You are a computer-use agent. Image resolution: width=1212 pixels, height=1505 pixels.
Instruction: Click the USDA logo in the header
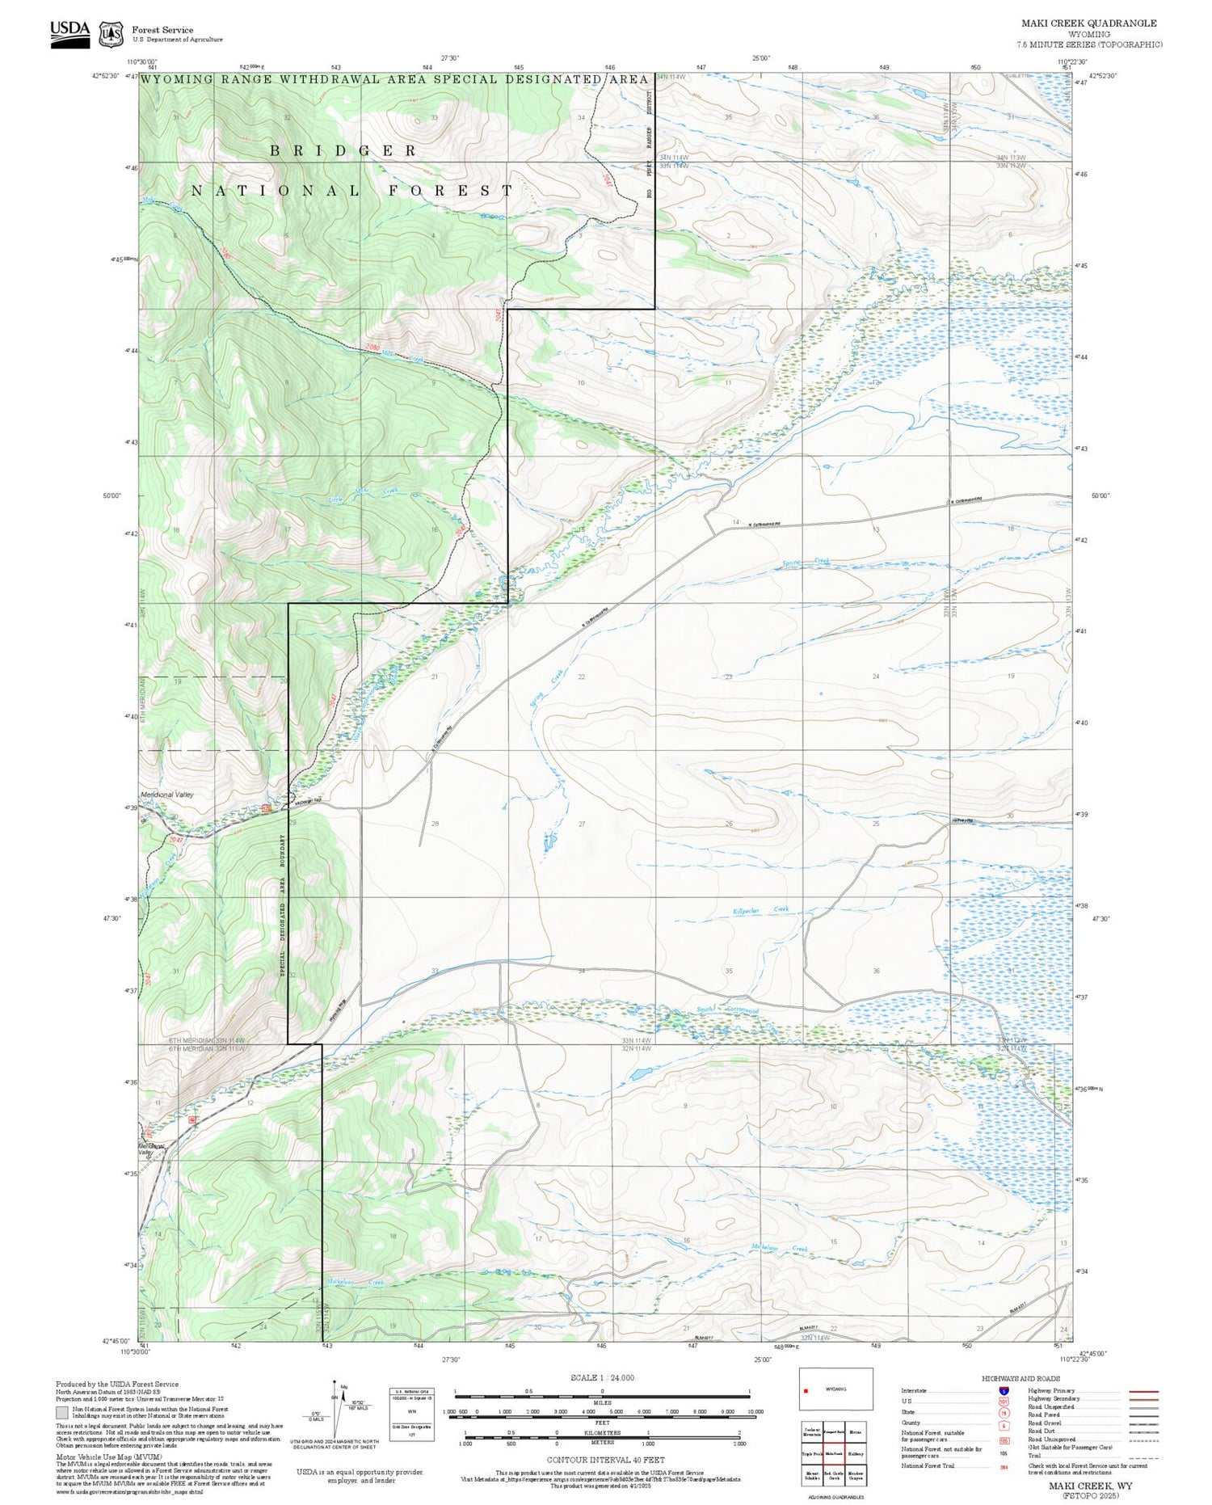(69, 33)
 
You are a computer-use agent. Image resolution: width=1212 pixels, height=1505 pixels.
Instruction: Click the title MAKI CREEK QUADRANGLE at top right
(1088, 23)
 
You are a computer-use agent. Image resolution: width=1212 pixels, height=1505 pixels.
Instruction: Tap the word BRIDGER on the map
(343, 151)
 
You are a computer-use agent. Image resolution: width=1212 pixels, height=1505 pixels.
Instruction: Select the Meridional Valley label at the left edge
(167, 795)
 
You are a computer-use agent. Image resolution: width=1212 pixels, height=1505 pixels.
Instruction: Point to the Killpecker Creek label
(760, 910)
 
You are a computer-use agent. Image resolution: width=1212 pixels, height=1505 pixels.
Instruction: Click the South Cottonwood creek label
(728, 1010)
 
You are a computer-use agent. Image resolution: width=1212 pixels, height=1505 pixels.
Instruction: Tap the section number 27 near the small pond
(582, 824)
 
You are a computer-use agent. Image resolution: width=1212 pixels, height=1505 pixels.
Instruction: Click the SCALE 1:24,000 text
(602, 1378)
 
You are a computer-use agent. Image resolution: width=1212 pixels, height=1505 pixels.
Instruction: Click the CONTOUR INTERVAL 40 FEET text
(605, 1460)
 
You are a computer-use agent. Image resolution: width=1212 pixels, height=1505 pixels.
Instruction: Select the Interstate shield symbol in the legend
(1003, 1390)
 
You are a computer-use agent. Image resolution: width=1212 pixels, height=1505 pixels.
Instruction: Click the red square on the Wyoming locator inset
(806, 1391)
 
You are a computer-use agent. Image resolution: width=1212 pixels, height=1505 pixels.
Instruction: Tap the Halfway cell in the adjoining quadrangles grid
(856, 1453)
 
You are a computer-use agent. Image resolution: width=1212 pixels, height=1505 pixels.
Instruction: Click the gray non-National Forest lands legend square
(62, 1413)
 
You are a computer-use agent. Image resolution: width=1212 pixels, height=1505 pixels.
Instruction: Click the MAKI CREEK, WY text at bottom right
(1090, 1486)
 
